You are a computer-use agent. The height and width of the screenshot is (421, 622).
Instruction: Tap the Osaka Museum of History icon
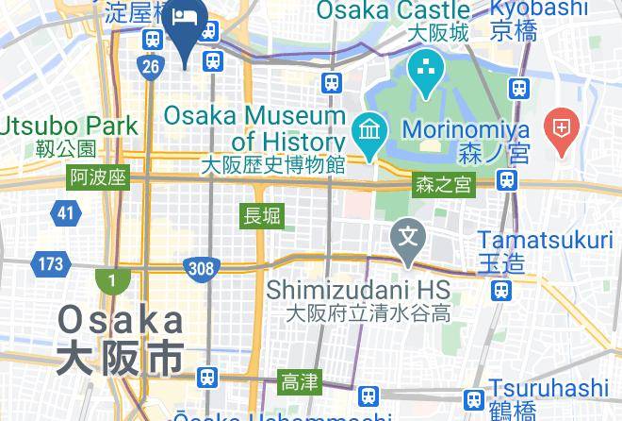click(366, 128)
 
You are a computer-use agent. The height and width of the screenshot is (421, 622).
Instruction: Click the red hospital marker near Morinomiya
click(563, 130)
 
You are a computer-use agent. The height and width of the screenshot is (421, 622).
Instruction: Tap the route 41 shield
click(65, 213)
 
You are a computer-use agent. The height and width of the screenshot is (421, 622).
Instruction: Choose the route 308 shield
click(202, 269)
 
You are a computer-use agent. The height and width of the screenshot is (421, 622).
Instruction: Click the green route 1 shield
click(112, 280)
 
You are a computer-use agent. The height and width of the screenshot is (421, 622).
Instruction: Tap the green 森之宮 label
click(444, 185)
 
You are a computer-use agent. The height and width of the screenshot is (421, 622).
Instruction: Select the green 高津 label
click(300, 381)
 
